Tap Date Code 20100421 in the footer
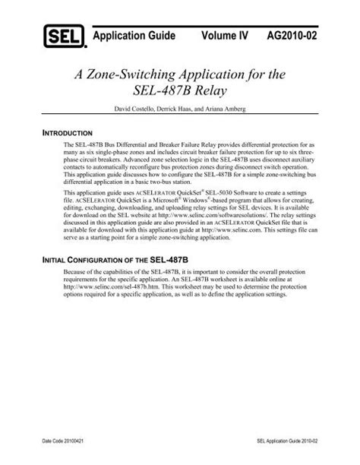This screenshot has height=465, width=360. coord(68,441)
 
